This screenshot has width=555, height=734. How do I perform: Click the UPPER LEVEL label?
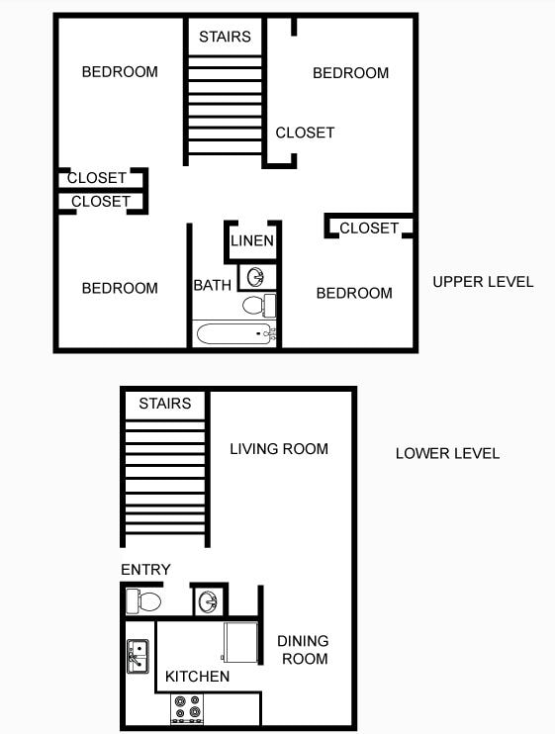pos(483,282)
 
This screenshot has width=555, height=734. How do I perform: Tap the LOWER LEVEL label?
pos(447,454)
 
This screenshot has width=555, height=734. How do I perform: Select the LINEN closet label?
pos(252,241)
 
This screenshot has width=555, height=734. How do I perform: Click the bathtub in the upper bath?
pos(234,333)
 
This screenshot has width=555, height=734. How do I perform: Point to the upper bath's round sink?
pos(255,276)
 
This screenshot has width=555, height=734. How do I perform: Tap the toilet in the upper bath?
pos(257,303)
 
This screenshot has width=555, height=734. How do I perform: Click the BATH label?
pos(212,286)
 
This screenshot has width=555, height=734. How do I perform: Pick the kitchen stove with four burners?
pos(187,707)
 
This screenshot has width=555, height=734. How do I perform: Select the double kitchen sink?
pos(138,657)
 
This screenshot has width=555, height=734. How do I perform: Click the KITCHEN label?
pos(197,677)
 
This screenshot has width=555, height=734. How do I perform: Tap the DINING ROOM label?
pos(303,649)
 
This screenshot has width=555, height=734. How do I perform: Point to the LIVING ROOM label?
pos(279,449)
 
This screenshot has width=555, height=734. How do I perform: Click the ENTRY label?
pos(145,570)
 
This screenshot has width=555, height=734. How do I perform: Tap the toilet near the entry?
pos(144,600)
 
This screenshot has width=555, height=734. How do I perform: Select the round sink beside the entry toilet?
pos(208,600)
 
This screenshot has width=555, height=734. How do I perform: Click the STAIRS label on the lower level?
pos(164,404)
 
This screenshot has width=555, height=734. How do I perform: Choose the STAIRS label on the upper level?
pos(225,38)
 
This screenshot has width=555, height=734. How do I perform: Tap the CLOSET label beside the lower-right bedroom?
pos(369,229)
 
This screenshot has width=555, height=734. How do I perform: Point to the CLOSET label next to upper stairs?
pos(305,133)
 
